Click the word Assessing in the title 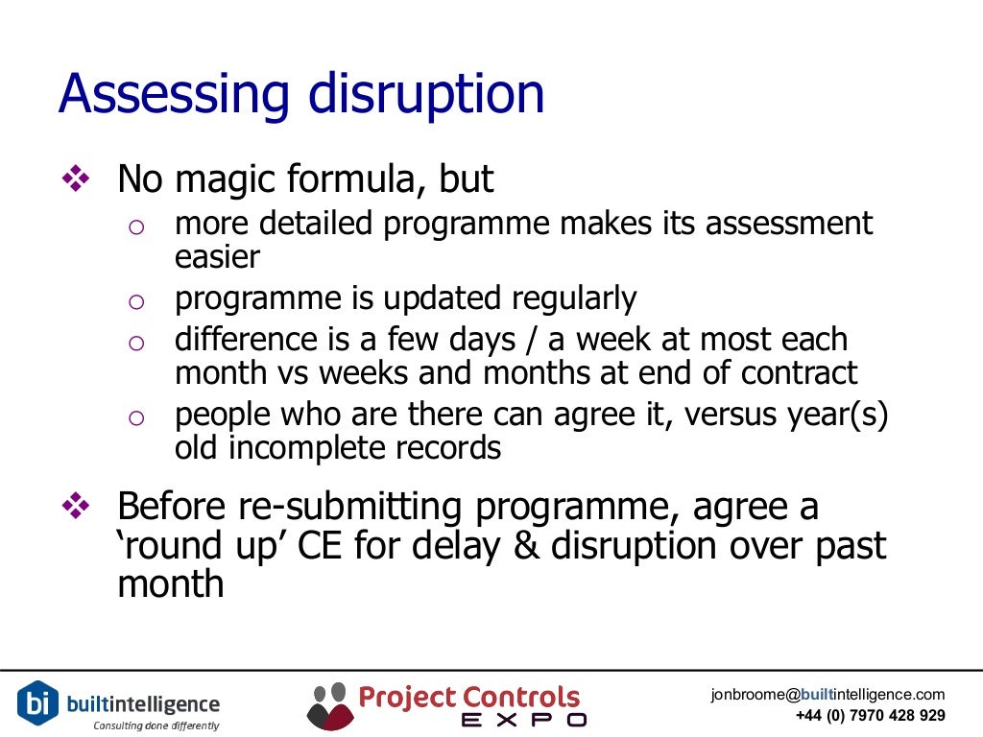(174, 96)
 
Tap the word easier (217, 256)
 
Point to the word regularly (573, 298)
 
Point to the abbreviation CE (328, 545)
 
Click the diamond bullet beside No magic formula (74, 178)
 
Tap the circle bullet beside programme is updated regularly (135, 302)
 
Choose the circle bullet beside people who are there (135, 417)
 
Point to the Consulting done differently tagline (156, 725)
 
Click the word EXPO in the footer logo (523, 720)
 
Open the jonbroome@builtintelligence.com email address (827, 695)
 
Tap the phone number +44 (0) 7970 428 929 (870, 716)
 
